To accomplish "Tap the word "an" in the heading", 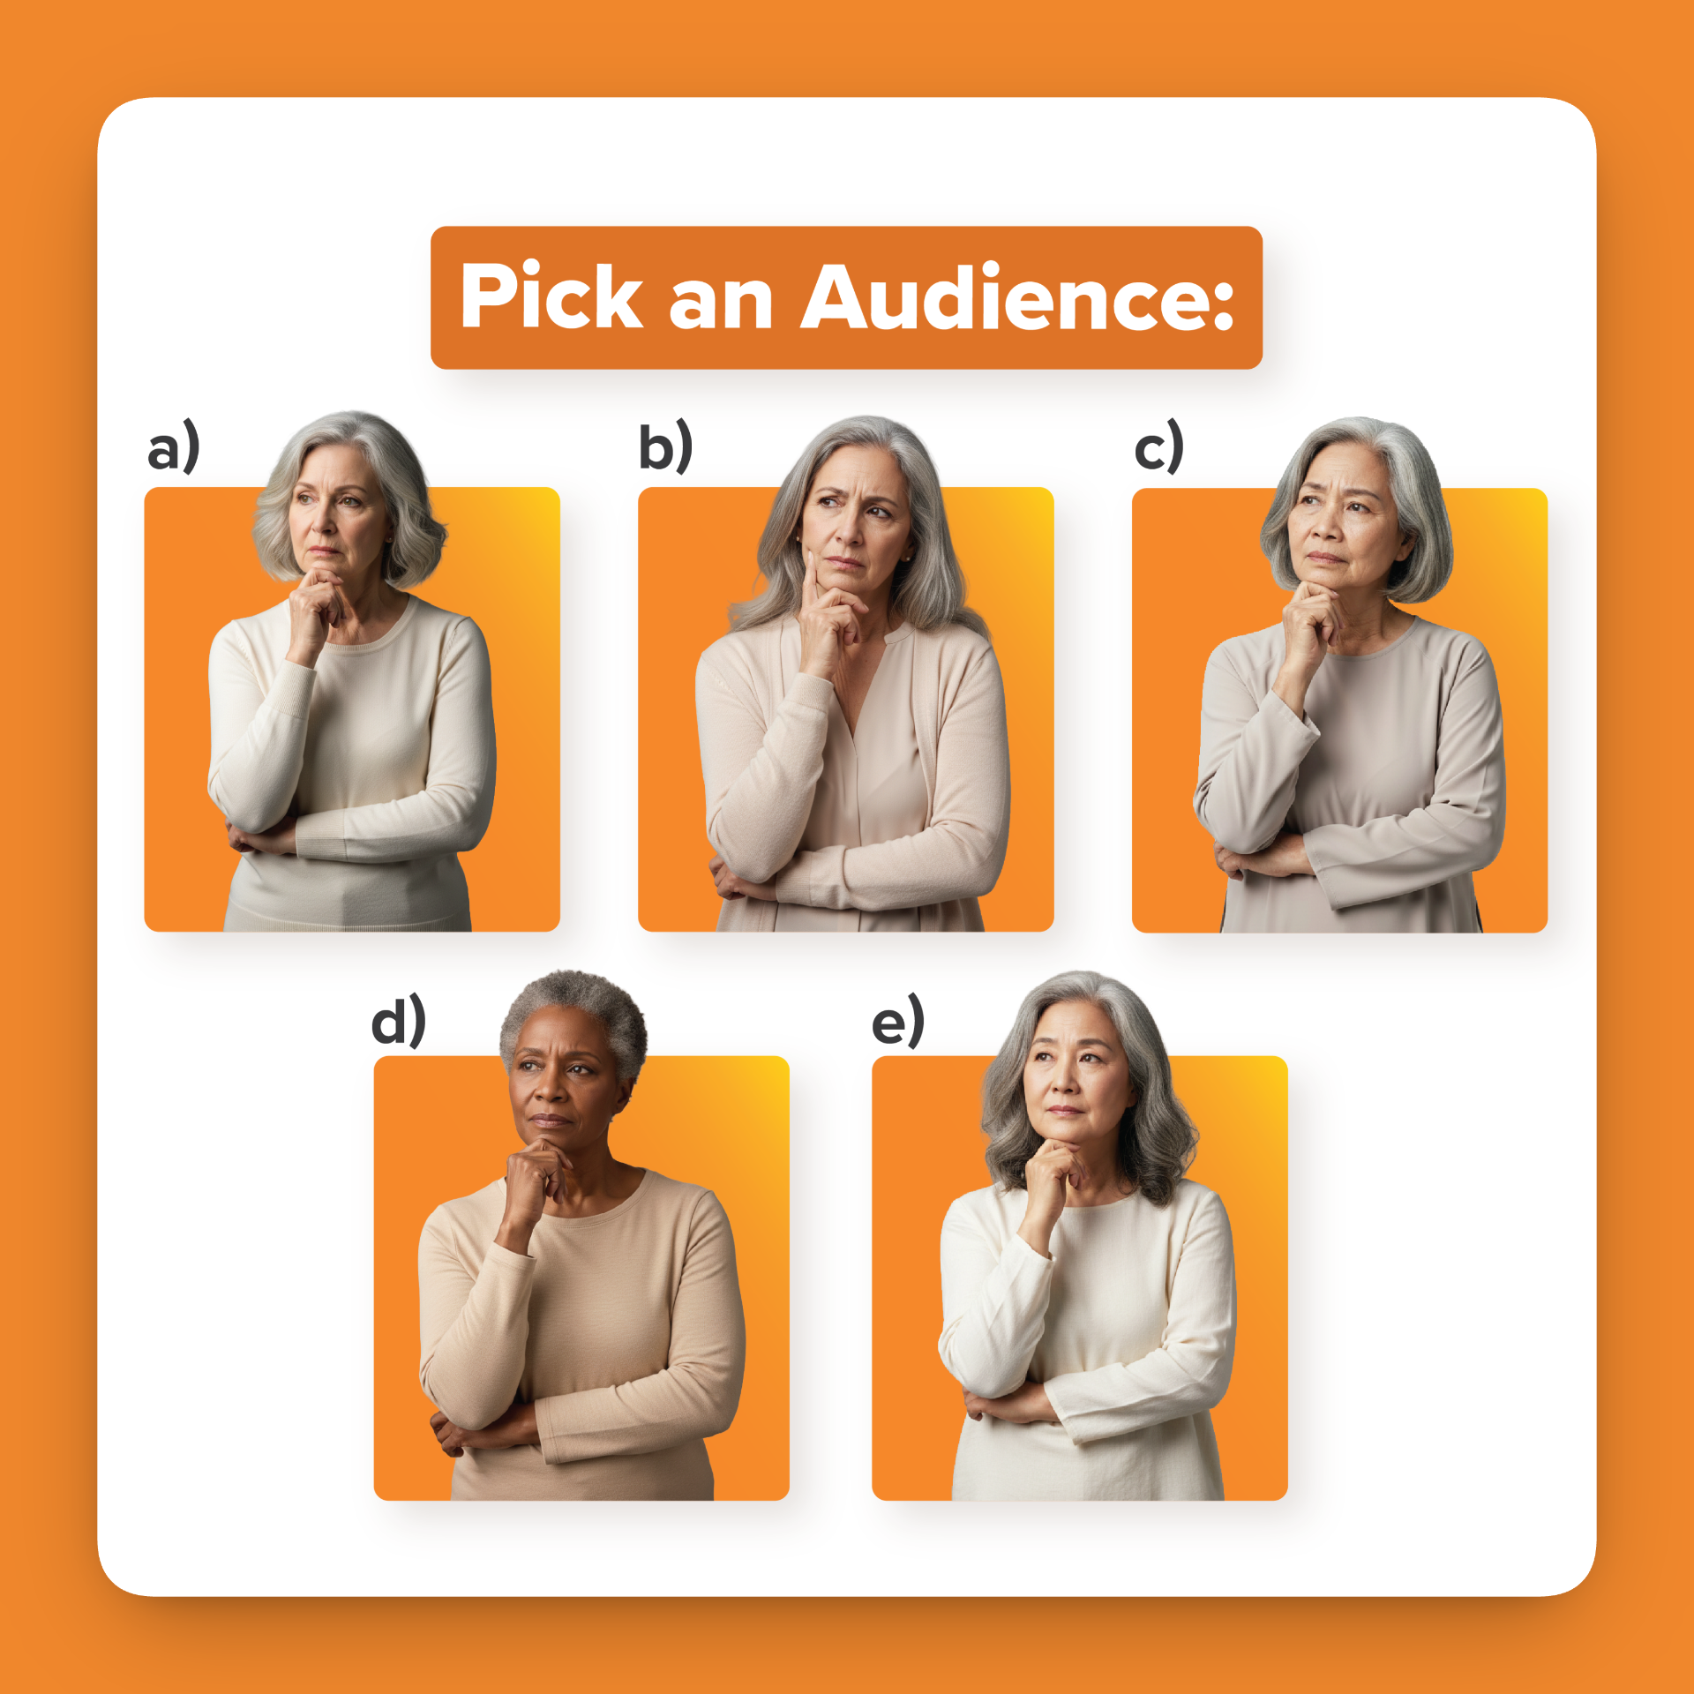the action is click(x=721, y=304).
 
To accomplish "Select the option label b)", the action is click(x=665, y=447).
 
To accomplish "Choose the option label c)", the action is click(x=1158, y=447).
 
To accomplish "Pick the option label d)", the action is click(x=399, y=1021).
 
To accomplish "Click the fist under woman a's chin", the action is click(x=318, y=609).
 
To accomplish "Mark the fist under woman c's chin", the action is click(x=1312, y=618).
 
